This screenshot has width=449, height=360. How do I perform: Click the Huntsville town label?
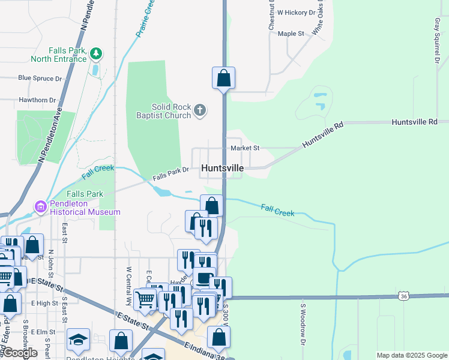tap(223, 169)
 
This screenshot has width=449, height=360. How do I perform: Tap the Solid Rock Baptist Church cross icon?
tap(200, 110)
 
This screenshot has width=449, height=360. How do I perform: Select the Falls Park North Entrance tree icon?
tap(95, 54)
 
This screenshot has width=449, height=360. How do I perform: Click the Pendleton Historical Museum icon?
tap(41, 207)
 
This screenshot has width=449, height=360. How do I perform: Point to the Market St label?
tap(244, 148)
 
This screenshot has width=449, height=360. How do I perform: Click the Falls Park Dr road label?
tap(170, 174)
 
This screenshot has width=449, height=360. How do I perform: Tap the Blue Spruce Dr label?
tap(40, 78)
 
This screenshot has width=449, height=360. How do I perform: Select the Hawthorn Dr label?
tap(37, 100)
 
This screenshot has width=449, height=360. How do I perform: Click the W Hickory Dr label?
tap(296, 12)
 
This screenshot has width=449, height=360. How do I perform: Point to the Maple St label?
tap(291, 34)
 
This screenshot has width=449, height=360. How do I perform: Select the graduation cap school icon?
tap(78, 340)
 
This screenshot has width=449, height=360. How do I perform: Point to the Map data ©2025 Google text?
tap(412, 355)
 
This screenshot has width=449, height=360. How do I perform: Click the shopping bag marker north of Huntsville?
tap(223, 79)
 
